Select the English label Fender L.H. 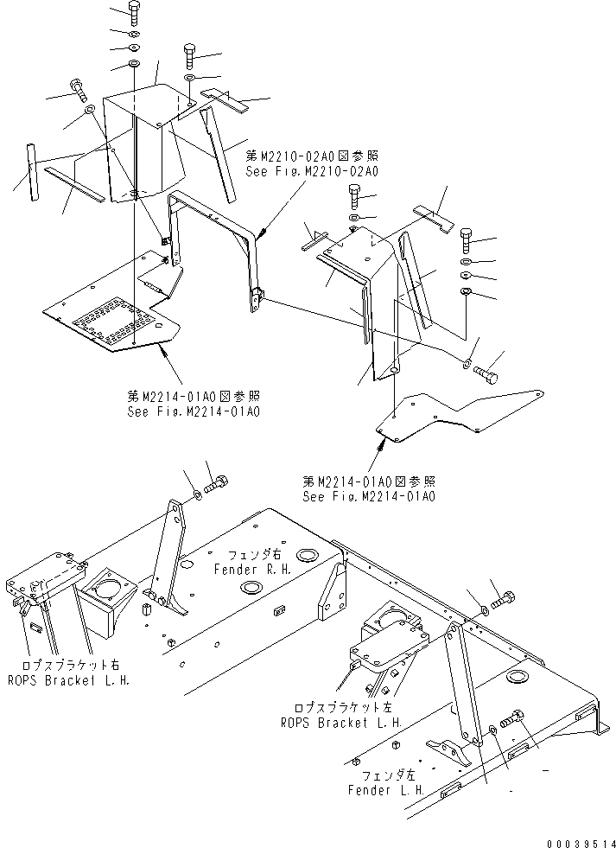[x=384, y=790]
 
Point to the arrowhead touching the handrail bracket [x=261, y=231]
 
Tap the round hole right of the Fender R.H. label [x=305, y=554]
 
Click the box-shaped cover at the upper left [x=143, y=138]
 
